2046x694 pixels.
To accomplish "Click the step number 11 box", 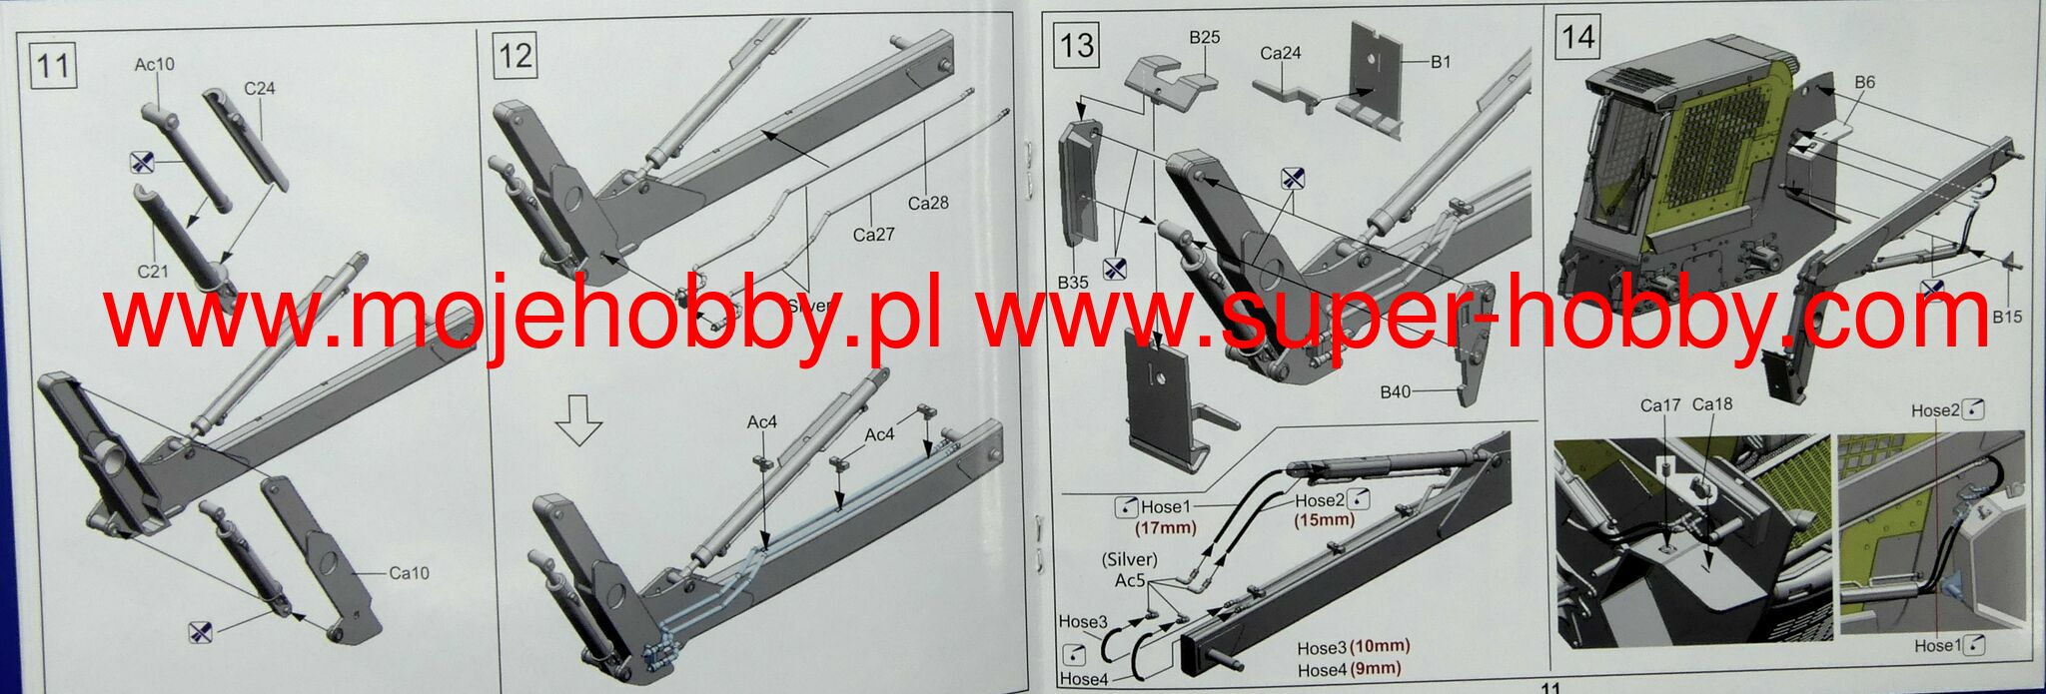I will point(53,65).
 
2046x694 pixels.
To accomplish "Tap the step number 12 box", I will point(514,54).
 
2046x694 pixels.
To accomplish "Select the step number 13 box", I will point(1077,46).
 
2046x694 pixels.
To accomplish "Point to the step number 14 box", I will point(1577,38).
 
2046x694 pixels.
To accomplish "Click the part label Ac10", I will point(154,64).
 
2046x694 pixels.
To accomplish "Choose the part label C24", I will point(259,88).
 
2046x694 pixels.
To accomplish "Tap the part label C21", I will point(153,271).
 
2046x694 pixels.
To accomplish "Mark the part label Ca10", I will point(409,572).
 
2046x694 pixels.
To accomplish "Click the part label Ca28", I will point(927,203).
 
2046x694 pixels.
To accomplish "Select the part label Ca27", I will point(873,234).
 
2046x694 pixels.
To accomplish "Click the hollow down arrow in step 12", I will point(579,418).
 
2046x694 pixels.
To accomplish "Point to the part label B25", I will point(1204,37).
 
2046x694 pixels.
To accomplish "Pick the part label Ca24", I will point(1280,53).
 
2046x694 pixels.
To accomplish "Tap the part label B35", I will point(1073,283).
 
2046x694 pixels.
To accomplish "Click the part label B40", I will point(1395,391).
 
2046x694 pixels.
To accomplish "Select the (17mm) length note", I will point(1166,527).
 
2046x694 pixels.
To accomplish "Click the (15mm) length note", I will point(1325,519).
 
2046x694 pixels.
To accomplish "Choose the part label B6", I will point(1864,83).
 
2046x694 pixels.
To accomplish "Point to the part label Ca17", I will point(1660,404).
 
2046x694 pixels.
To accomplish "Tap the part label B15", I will point(2006,317).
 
